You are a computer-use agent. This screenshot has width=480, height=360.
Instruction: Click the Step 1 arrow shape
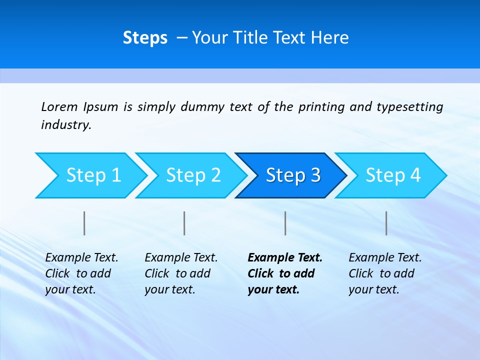coord(93,175)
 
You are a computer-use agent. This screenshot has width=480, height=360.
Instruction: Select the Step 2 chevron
coord(193,175)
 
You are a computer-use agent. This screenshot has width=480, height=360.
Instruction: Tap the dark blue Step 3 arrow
coord(293,175)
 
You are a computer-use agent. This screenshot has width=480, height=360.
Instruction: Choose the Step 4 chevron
coord(393,175)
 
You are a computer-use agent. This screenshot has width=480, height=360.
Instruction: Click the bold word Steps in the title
coord(145,38)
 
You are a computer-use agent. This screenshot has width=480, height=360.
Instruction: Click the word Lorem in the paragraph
coord(59,106)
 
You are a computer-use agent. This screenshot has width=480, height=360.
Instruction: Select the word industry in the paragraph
coord(65,125)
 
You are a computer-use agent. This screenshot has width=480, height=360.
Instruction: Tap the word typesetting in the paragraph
coord(409,107)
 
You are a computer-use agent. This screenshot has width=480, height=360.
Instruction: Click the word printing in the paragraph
coord(321,107)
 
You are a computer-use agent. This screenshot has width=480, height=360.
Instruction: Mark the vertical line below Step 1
coord(84,223)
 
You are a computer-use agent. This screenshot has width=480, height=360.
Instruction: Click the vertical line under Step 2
coord(184,223)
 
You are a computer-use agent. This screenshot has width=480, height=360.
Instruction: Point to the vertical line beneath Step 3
coord(285,223)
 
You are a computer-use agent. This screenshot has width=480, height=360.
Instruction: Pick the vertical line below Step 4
coord(386,223)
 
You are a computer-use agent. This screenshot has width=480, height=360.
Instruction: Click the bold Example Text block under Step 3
coord(285,273)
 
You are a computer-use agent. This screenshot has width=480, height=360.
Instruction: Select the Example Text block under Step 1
coord(81,273)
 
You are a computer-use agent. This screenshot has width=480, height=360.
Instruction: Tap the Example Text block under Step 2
coord(181,273)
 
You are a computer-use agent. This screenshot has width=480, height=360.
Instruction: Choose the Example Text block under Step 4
coord(385,273)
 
